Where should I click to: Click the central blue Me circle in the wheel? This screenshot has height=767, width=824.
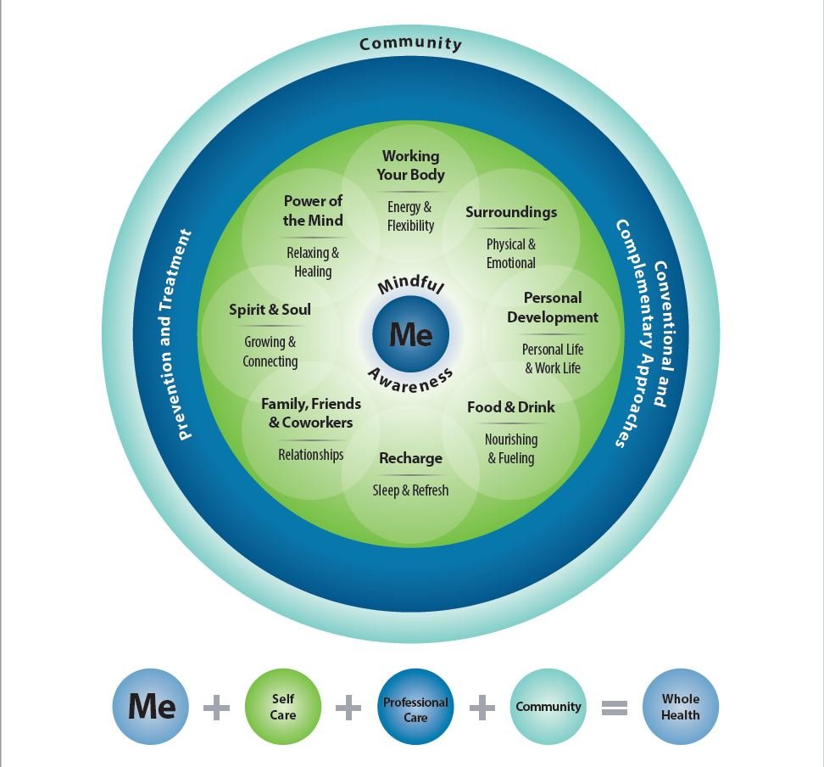(x=411, y=334)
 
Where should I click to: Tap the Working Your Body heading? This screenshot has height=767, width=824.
(x=411, y=165)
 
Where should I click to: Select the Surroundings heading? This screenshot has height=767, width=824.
(x=511, y=212)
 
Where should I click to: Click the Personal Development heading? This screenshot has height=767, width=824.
(x=553, y=307)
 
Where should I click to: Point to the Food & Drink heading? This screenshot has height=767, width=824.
(x=511, y=406)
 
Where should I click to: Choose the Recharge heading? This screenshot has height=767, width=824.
(x=411, y=458)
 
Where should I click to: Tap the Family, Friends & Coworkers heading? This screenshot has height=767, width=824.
(x=311, y=413)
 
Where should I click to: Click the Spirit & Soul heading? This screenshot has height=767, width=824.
(x=270, y=310)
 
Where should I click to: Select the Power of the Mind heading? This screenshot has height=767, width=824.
(x=313, y=210)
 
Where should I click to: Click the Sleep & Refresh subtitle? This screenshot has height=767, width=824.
(x=411, y=490)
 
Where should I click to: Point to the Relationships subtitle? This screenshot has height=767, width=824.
(x=311, y=455)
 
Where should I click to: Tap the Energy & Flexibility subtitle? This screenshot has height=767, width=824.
(x=410, y=216)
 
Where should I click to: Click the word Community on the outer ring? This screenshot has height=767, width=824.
(x=411, y=43)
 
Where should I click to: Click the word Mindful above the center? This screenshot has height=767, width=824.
(x=411, y=283)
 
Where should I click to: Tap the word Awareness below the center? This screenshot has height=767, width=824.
(x=410, y=381)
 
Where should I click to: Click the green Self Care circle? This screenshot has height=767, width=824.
(x=283, y=707)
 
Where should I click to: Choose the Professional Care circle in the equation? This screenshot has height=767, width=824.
(x=415, y=707)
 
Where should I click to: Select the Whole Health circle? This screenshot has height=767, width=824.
(x=681, y=707)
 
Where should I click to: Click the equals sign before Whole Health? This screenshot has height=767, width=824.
(x=615, y=708)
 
